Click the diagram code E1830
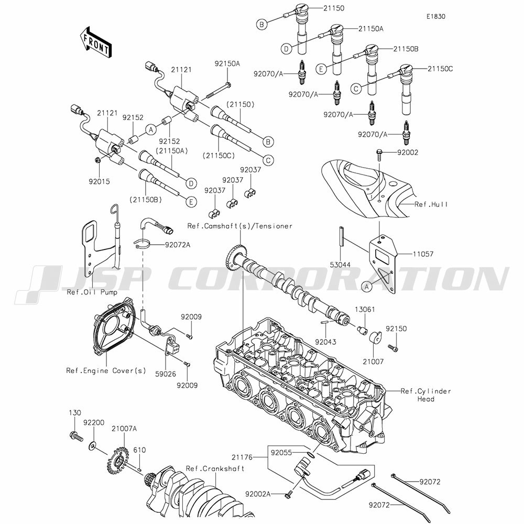point(436,16)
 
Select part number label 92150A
point(227,63)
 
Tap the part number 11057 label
point(423,254)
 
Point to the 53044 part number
point(340,265)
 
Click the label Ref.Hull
point(431,204)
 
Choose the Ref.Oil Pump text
point(92,292)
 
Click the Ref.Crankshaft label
point(215,468)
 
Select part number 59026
point(166,374)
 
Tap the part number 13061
point(365,310)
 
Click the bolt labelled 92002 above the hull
point(379,152)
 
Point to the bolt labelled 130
point(76,436)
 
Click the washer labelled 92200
point(93,446)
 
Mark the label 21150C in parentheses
point(219,156)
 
